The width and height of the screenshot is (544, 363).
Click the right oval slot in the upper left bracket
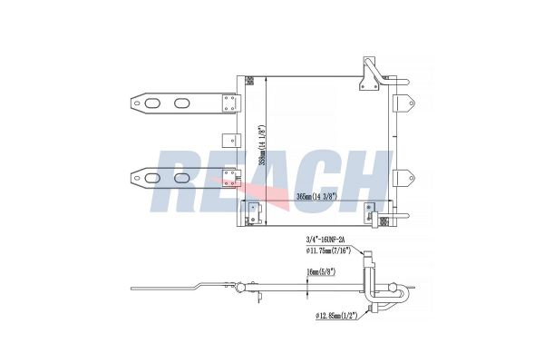click(x=183, y=103)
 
